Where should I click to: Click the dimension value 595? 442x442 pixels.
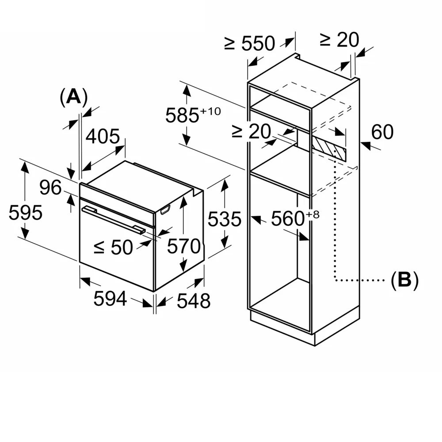point(26,213)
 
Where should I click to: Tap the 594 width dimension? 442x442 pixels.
point(110,299)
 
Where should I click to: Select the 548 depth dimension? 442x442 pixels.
point(194,301)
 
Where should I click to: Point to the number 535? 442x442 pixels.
point(225,219)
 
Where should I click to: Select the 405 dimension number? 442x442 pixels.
point(103,137)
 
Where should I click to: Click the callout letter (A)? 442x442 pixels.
point(73,97)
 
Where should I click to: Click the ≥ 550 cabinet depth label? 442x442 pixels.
point(250,43)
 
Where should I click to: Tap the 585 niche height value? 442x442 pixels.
point(182,116)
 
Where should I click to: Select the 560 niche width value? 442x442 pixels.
point(287,219)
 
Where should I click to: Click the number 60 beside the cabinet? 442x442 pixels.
point(382,132)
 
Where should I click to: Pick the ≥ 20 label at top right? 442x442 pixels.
point(339,40)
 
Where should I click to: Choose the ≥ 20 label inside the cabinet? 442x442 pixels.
point(251,132)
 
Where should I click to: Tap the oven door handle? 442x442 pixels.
point(113,219)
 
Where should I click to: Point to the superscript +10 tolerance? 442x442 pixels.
point(210,111)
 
